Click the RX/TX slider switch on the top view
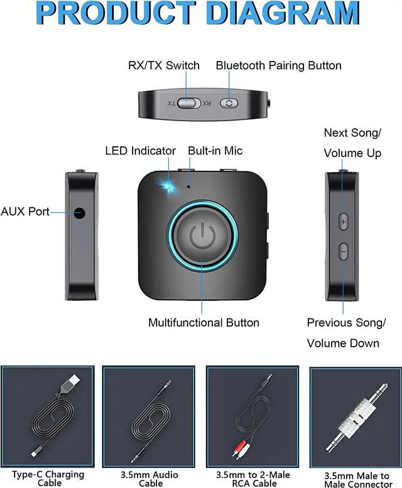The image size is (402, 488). [x=189, y=104]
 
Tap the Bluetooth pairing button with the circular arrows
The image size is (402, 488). [x=229, y=104]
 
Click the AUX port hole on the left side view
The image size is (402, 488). [x=80, y=214]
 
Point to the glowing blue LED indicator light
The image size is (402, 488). [x=167, y=187]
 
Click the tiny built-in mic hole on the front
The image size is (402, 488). [x=189, y=187]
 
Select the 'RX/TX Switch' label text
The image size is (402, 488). [x=164, y=65]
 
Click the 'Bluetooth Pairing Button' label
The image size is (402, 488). [x=279, y=65]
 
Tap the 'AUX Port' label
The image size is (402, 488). [x=25, y=211]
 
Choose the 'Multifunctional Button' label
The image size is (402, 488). [x=204, y=322]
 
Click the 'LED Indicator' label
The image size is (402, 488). [x=140, y=151]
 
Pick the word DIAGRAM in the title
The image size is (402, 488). [x=283, y=13]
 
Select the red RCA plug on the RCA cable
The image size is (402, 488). [x=236, y=452]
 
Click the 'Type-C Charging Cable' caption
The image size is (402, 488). [x=48, y=479]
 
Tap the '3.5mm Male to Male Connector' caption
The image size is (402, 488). [x=357, y=480]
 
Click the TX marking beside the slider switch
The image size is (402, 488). [x=171, y=104]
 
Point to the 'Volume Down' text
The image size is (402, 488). [x=343, y=343]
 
